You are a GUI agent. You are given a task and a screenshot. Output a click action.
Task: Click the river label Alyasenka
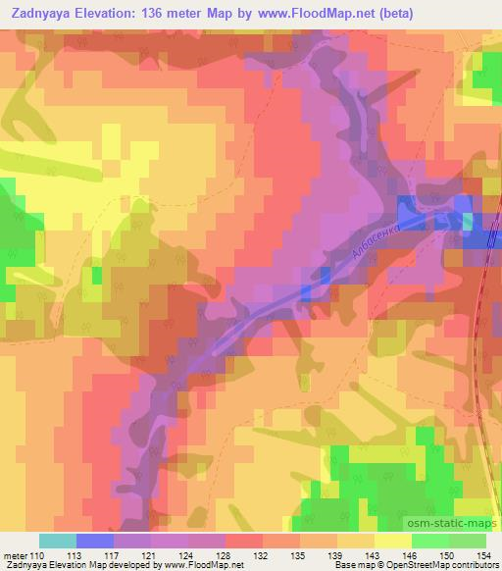372,240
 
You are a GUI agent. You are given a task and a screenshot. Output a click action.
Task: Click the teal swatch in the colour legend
58,541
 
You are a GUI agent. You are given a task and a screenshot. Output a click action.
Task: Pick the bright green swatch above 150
430,541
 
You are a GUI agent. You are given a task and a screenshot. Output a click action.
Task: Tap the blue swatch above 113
95,541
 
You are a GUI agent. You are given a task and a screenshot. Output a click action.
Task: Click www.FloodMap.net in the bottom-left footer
197,565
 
